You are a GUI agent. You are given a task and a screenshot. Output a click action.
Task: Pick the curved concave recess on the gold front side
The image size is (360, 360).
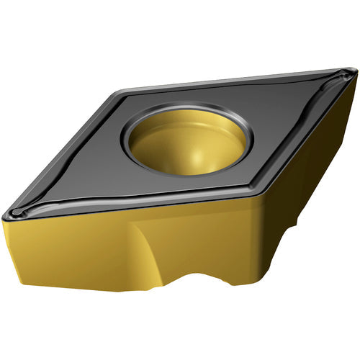(148, 248)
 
